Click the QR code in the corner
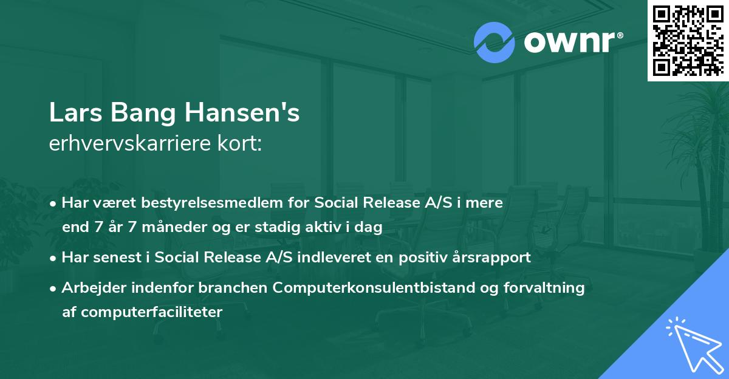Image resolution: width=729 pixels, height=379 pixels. point(688,40)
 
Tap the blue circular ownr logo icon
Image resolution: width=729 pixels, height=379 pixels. point(494,43)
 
